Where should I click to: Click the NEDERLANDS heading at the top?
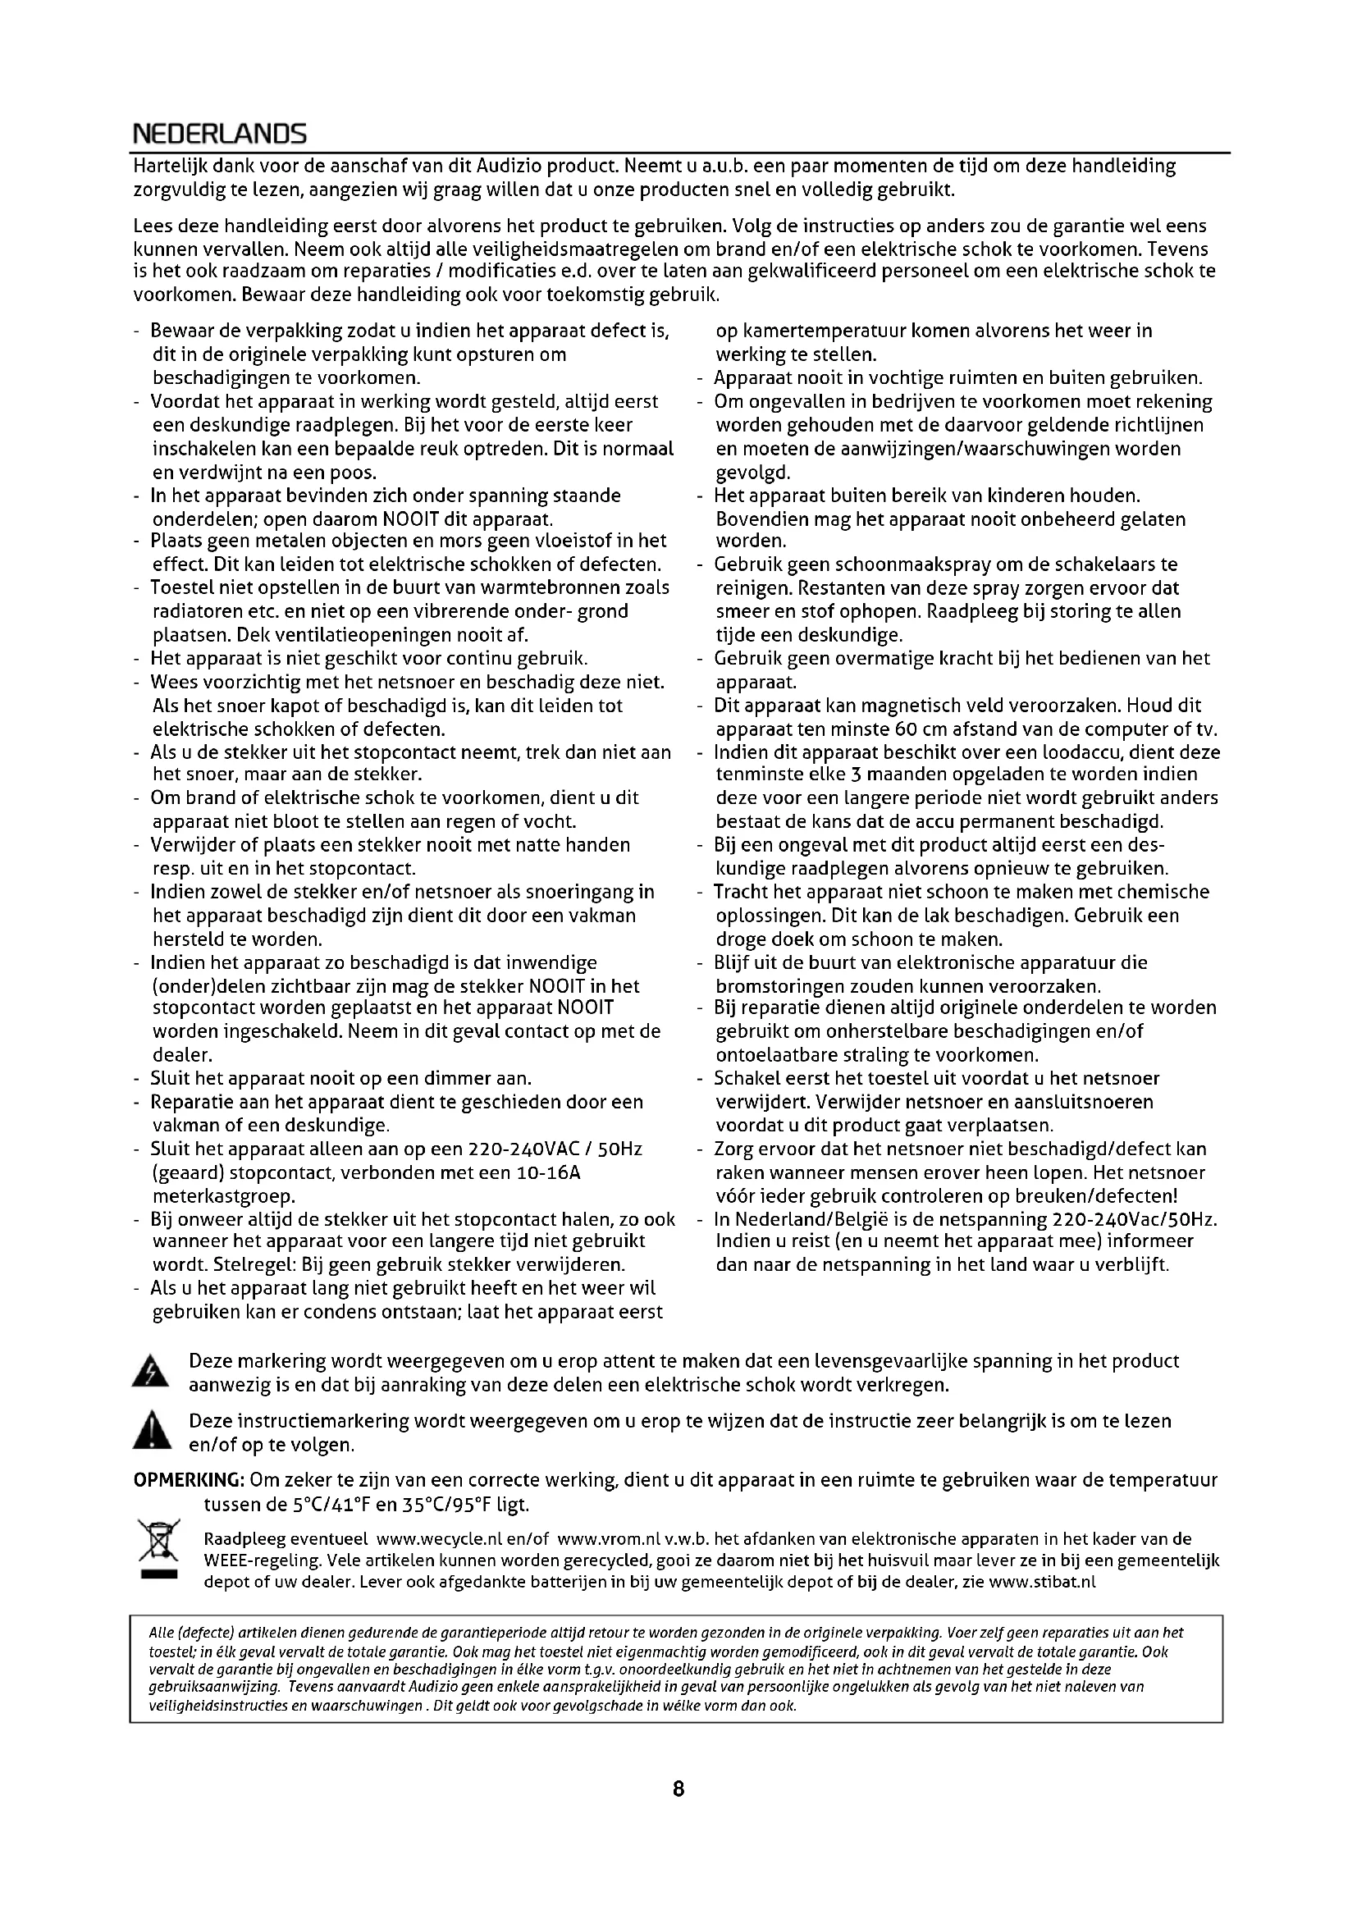[x=220, y=134]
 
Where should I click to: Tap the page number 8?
[x=678, y=1789]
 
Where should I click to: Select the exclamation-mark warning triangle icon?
[x=150, y=1432]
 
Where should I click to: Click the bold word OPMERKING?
[x=189, y=1481]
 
